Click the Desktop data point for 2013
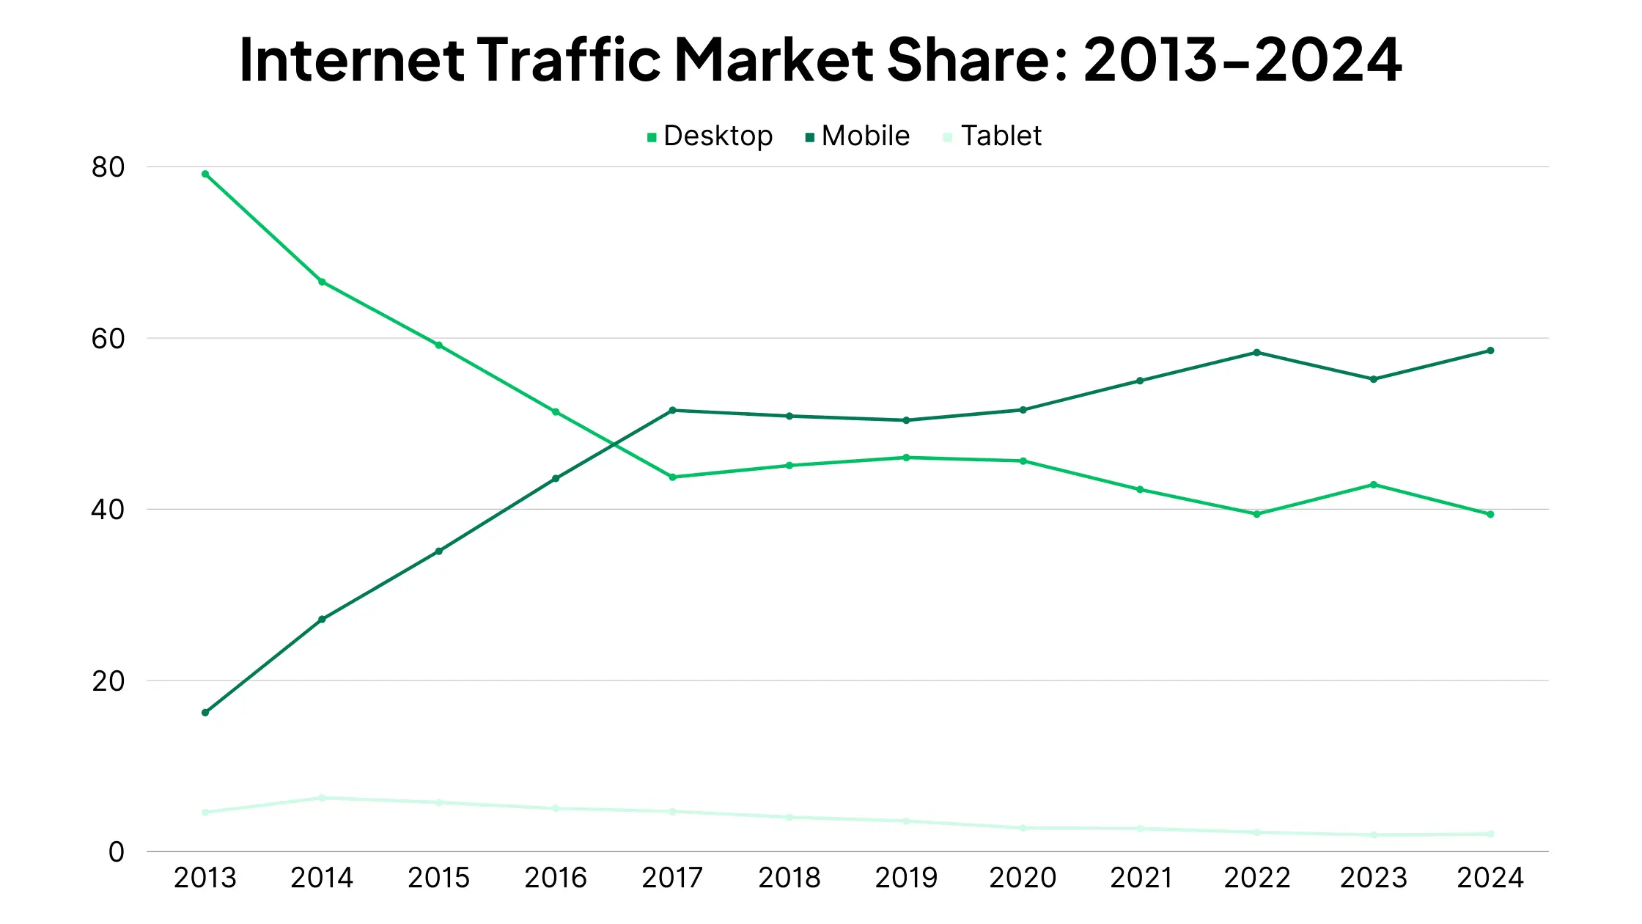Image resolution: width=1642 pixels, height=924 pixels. pyautogui.click(x=205, y=174)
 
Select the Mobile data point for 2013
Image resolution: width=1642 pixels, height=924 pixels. pyautogui.click(x=205, y=713)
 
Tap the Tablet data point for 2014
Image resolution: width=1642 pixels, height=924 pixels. pyautogui.click(x=322, y=798)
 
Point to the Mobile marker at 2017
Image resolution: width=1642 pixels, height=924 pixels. pyautogui.click(x=672, y=410)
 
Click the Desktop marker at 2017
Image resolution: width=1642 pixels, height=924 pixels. pyautogui.click(x=672, y=477)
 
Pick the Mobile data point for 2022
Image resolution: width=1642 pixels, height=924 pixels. pyautogui.click(x=1257, y=353)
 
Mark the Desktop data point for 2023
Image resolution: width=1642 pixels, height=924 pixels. pyautogui.click(x=1374, y=485)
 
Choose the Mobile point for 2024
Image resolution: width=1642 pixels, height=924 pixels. pyautogui.click(x=1490, y=351)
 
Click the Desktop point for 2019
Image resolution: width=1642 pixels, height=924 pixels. pyautogui.click(x=906, y=458)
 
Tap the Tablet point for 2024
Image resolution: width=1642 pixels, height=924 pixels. pyautogui.click(x=1490, y=834)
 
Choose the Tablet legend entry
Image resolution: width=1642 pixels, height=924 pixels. pyautogui.click(x=993, y=136)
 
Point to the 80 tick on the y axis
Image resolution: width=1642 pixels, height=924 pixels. pyautogui.click(x=108, y=167)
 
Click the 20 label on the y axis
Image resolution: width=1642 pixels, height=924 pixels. pyautogui.click(x=108, y=681)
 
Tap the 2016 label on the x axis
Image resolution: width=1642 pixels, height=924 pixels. pyautogui.click(x=556, y=878)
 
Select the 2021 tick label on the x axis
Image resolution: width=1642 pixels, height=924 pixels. pyautogui.click(x=1141, y=878)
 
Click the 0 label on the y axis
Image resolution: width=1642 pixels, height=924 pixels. pyautogui.click(x=117, y=852)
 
